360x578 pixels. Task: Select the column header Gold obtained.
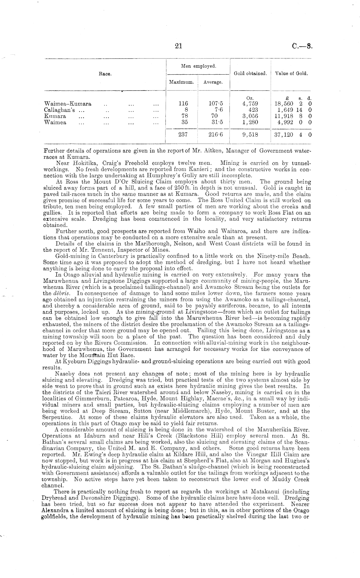[x=250, y=74]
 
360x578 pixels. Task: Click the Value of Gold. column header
[x=291, y=73]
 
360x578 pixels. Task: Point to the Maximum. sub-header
[x=181, y=82]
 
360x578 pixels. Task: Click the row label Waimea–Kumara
[x=68, y=104]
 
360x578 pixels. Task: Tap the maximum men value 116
[x=183, y=104]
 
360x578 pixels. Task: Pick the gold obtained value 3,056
[x=250, y=116]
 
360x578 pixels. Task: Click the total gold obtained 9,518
[x=250, y=134]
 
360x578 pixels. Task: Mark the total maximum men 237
[x=183, y=134]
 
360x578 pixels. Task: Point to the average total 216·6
[x=214, y=134]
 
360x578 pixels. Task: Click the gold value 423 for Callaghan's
[x=252, y=110]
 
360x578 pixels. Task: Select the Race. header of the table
[x=105, y=74]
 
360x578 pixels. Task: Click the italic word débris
[x=60, y=294]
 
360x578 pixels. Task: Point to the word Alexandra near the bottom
[x=54, y=510]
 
